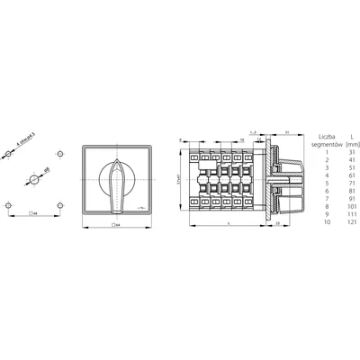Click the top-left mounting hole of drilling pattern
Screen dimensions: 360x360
[x=8, y=156]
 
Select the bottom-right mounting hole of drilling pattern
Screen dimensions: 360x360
[x=58, y=205]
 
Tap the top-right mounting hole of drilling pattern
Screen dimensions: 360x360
[x=58, y=156]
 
